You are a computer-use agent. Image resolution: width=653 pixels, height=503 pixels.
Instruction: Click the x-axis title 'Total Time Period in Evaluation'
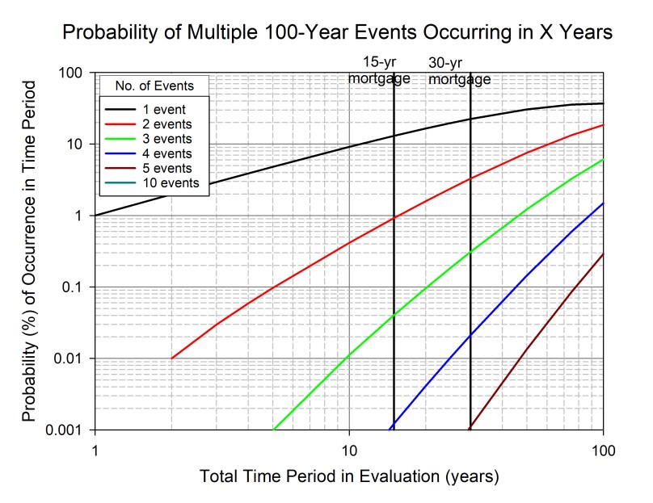click(x=349, y=476)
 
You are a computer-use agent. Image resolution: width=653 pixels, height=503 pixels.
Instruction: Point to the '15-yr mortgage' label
click(x=379, y=71)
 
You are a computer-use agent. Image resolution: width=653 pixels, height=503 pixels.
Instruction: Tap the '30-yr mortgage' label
click(x=459, y=71)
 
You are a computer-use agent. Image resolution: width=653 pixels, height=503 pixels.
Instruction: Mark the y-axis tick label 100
click(x=74, y=73)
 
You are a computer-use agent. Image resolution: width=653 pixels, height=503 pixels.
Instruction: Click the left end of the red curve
click(x=172, y=358)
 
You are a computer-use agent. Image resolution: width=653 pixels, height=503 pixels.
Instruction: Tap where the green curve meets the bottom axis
click(x=274, y=429)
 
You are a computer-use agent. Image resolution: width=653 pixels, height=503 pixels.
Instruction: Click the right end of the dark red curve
click(x=603, y=254)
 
